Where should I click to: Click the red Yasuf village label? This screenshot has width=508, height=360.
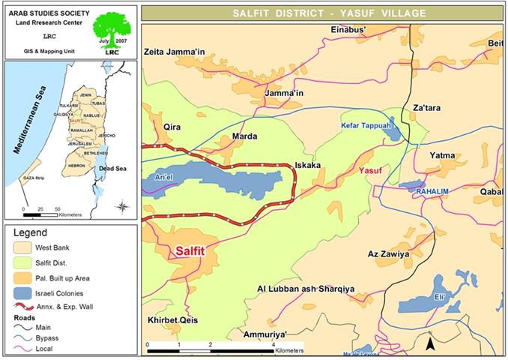coord(371,170)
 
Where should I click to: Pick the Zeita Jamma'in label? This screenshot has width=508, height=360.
coord(174,52)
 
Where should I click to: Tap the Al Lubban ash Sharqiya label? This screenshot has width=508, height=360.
coord(305,289)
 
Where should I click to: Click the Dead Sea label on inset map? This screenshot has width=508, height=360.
coord(112,169)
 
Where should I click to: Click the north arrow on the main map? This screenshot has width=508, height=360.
coord(431,343)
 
